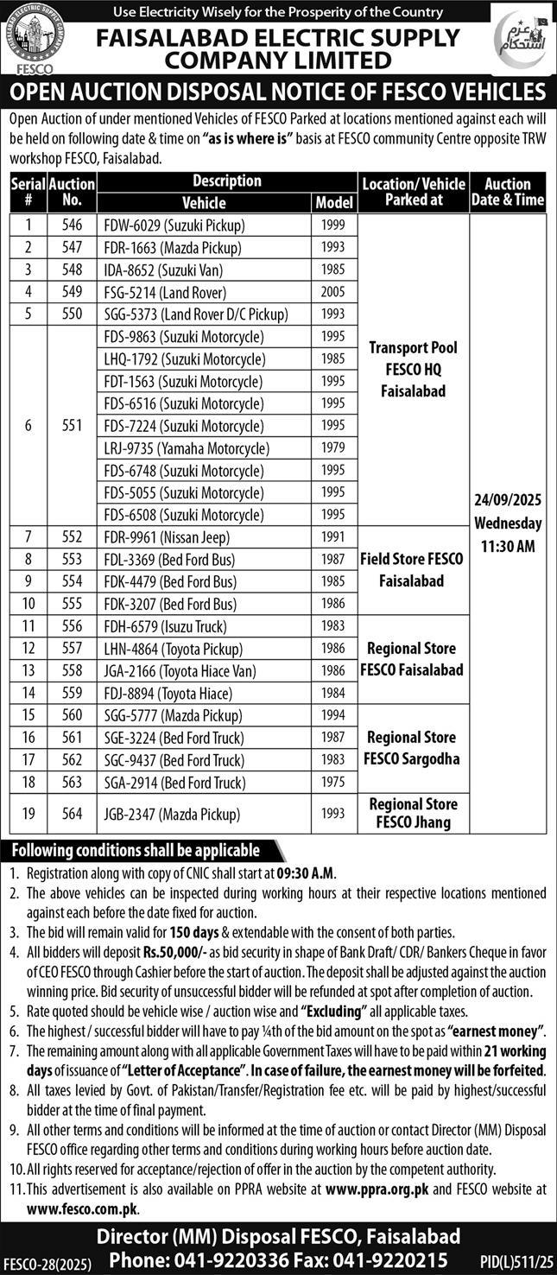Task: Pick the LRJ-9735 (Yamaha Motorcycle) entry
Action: [x=186, y=448]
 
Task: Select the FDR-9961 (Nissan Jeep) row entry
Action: [x=168, y=537]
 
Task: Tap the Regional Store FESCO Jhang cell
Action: [x=413, y=813]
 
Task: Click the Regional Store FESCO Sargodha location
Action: [x=413, y=748]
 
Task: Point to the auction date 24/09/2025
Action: [x=507, y=500]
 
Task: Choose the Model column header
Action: [x=334, y=203]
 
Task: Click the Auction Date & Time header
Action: [x=508, y=192]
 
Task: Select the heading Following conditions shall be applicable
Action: [x=136, y=850]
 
